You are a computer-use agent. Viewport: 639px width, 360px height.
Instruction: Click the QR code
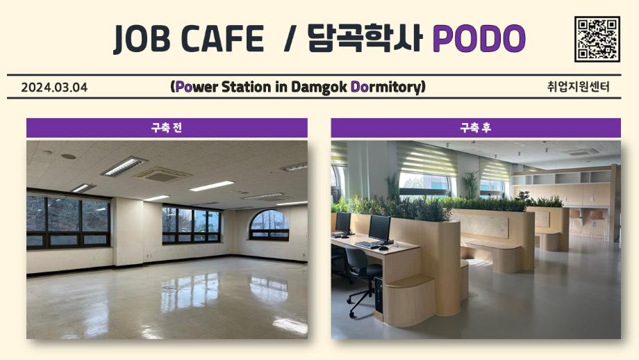[597, 39]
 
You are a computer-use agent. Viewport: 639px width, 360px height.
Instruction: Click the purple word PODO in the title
[479, 38]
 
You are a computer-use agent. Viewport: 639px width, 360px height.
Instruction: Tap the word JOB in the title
[142, 39]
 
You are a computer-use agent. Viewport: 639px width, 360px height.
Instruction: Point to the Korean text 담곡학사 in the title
[365, 38]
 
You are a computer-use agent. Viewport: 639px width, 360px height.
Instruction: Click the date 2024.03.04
[54, 88]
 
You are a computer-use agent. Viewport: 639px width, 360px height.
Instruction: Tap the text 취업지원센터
[579, 87]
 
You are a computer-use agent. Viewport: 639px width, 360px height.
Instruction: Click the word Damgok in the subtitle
[319, 87]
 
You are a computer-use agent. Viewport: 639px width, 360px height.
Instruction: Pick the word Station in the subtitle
[246, 87]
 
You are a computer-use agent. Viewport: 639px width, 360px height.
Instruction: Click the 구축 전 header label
[167, 128]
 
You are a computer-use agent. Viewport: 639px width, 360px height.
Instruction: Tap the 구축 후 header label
[476, 128]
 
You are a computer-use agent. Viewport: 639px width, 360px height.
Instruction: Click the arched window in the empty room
[269, 224]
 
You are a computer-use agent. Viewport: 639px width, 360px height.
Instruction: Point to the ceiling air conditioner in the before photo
[163, 174]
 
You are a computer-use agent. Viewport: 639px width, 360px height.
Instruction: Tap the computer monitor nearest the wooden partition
[380, 229]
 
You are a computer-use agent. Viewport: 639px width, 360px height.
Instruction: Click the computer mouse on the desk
[383, 248]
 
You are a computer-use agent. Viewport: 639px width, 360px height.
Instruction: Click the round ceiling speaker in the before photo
[69, 156]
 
